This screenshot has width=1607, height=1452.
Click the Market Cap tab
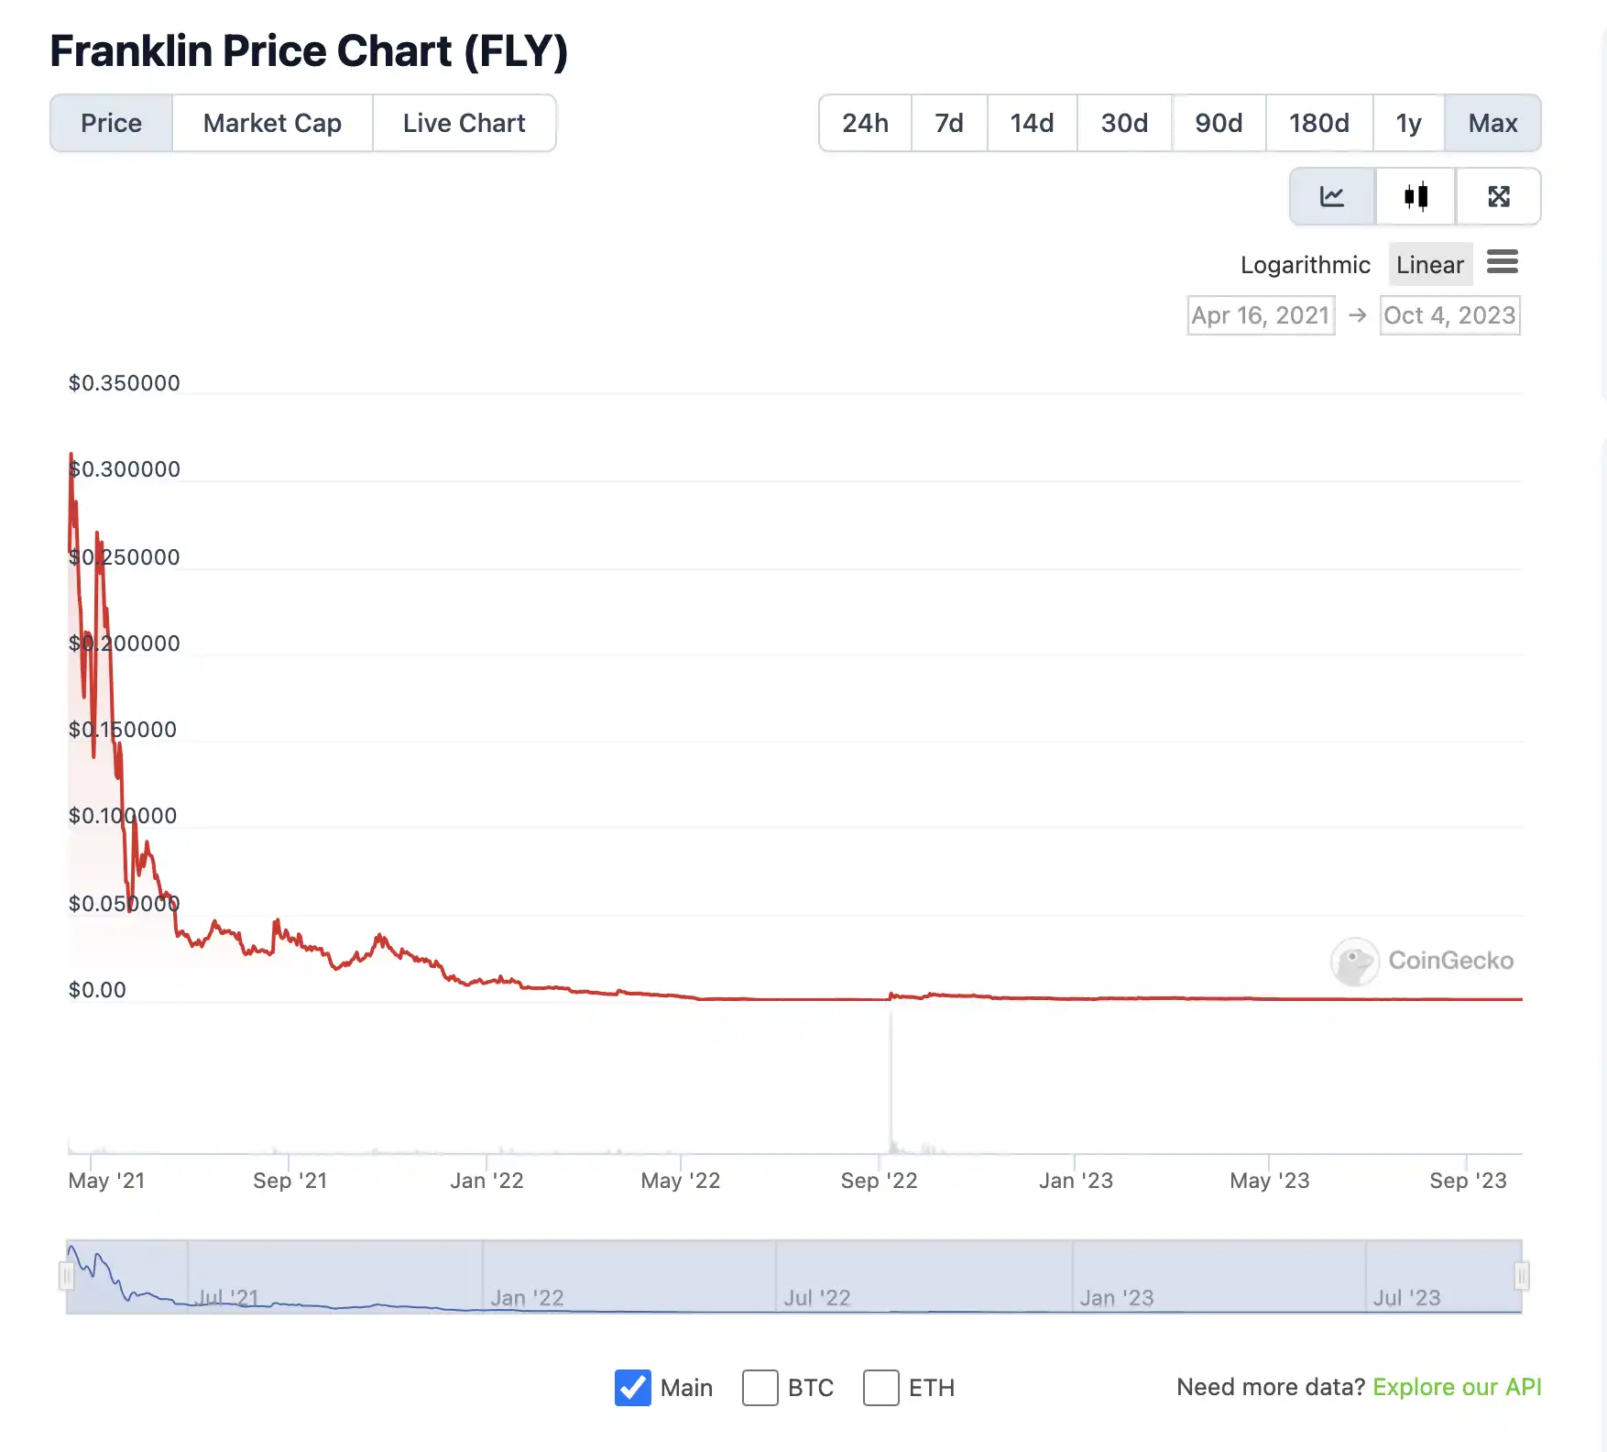click(x=272, y=123)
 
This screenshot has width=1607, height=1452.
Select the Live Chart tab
click(x=464, y=123)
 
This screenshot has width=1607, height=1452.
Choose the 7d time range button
click(x=948, y=123)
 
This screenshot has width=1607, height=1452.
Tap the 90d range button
click(x=1218, y=123)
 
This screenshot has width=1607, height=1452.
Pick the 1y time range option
click(x=1407, y=123)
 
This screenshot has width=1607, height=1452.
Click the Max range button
click(x=1492, y=123)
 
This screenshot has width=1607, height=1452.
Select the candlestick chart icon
click(x=1416, y=196)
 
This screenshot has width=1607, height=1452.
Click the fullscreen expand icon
click(x=1498, y=196)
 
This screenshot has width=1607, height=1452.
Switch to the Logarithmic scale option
click(x=1305, y=265)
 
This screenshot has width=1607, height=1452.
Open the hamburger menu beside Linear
click(x=1502, y=262)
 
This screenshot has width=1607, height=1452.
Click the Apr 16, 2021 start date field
click(x=1261, y=315)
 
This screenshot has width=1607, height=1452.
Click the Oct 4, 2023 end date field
click(x=1448, y=315)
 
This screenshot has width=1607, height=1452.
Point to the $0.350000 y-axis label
click(x=125, y=383)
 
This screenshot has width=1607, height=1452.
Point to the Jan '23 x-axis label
click(x=1076, y=1181)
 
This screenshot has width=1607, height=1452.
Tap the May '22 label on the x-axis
click(x=680, y=1181)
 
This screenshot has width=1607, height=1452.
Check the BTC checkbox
click(x=760, y=1388)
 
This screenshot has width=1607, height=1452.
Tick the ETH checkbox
click(x=880, y=1388)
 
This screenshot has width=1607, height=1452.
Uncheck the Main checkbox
click(x=633, y=1388)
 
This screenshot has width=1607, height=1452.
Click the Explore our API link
click(x=1457, y=1387)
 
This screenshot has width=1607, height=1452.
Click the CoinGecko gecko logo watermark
click(x=1354, y=962)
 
